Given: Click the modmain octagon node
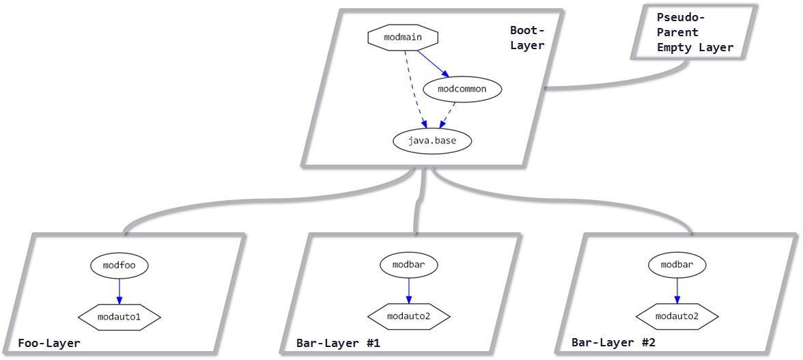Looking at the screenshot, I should tap(402, 38).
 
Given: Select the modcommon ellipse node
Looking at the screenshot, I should tap(462, 89).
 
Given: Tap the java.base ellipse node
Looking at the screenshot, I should tap(432, 141).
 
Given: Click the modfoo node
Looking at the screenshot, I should tap(119, 264).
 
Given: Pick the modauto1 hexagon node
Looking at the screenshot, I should tap(119, 317).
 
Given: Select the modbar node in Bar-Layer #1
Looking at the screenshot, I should tap(409, 264).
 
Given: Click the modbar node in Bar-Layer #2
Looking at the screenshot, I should tap(677, 264).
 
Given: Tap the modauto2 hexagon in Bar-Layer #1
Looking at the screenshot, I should tap(409, 317).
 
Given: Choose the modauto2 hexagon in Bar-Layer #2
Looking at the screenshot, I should tap(677, 316).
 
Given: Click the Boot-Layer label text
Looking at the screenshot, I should tap(527, 38).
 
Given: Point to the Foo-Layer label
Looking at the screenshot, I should tap(49, 343).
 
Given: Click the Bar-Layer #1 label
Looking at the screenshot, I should tap(338, 343).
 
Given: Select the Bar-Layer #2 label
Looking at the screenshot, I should tap(613, 343).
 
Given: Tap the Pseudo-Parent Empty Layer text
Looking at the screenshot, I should tap(694, 32).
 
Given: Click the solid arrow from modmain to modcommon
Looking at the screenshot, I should tap(432, 64).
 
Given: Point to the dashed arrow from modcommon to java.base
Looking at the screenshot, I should tap(448, 115).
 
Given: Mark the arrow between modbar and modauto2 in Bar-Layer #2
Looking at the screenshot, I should tap(677, 290).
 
